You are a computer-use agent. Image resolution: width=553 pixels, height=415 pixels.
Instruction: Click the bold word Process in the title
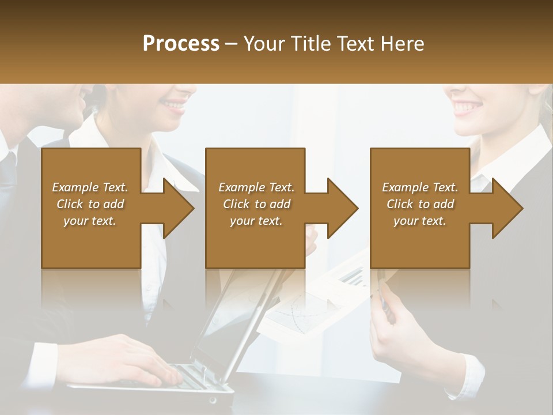pos(181,43)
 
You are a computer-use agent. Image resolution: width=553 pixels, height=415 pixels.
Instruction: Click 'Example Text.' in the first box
pos(90,187)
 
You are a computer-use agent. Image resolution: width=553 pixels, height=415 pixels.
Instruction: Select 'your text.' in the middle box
pos(256,221)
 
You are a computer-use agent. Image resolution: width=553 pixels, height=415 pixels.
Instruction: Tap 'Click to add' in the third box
pos(420,204)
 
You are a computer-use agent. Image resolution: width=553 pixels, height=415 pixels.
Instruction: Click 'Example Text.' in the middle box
pos(256,187)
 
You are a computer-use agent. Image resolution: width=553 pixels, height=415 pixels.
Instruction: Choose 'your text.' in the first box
pos(90,221)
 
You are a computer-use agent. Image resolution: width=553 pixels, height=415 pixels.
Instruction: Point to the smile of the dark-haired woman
pos(173,104)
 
